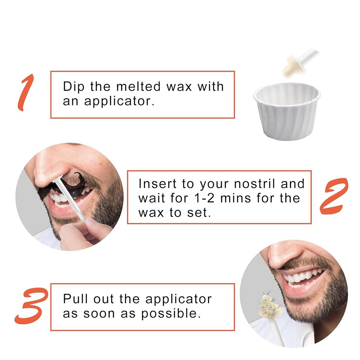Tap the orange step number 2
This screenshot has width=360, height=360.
334,196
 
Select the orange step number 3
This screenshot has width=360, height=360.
31,306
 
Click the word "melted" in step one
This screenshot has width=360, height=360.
139,86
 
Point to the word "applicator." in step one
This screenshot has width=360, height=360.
119,102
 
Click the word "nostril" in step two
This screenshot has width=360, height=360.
255,184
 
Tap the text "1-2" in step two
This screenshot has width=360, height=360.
204,198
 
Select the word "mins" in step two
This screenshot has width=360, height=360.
235,198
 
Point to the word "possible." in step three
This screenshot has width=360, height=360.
171,314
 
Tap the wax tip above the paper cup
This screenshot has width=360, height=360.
290,67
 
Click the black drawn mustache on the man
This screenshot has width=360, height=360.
62,186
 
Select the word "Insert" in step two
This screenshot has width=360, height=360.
158,184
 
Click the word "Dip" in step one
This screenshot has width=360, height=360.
74,87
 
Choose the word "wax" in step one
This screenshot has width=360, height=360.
179,87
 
